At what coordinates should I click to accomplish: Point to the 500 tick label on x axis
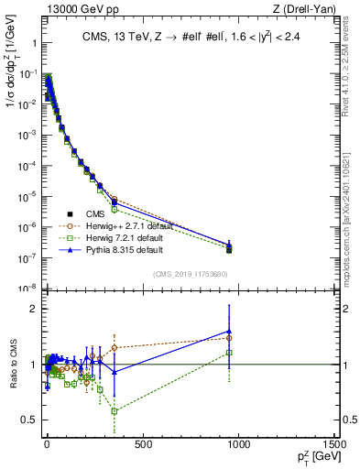click(142, 446)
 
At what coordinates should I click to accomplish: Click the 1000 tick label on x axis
click(239, 446)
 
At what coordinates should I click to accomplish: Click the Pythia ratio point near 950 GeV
click(229, 331)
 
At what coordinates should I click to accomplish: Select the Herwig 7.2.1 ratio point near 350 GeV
click(115, 410)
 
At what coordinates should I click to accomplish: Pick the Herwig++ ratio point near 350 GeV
click(115, 348)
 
